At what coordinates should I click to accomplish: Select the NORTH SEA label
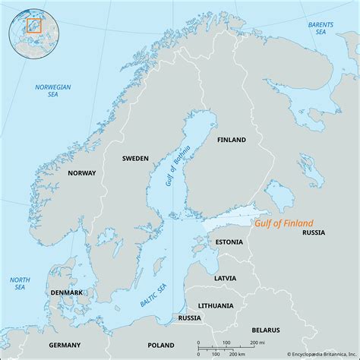[19, 285]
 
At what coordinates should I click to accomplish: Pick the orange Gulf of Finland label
[282, 223]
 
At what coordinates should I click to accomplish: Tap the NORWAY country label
[81, 173]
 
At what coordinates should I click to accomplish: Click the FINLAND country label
[232, 141]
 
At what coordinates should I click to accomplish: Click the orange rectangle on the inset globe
[33, 25]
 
